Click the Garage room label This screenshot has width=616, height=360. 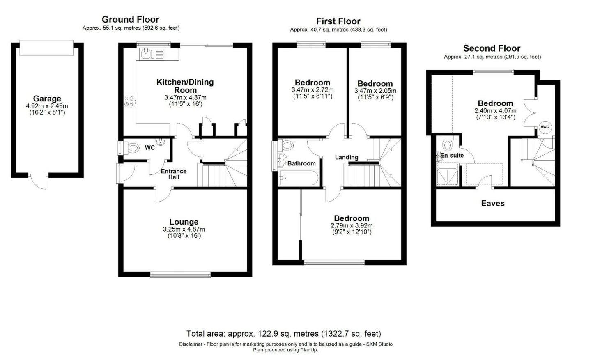pos(47,99)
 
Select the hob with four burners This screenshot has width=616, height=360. pos(129,101)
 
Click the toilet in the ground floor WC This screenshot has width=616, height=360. pos(131,148)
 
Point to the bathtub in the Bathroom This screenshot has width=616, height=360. pos(299,178)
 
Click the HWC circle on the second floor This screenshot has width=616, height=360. pos(545,127)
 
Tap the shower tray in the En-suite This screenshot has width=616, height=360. pos(447,176)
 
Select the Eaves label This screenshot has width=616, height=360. pos(493,203)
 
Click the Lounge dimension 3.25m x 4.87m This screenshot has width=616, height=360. pos(184,229)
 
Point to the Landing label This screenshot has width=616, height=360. pos(347,157)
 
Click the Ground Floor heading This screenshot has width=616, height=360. pos(130,20)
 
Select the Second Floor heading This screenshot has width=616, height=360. pos(492,48)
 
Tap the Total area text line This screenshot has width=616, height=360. pos(284,334)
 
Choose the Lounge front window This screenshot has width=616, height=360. pos(181,274)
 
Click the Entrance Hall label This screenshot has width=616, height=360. pos(174,174)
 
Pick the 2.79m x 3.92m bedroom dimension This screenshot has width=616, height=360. pos(352,226)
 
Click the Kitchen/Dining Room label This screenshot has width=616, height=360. pos(185,86)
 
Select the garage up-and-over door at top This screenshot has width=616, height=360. pos(46,48)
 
